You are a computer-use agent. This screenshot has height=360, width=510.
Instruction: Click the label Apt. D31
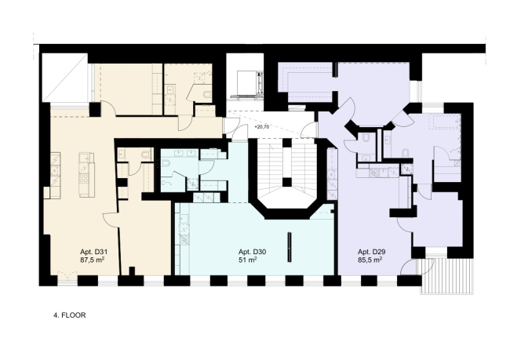[x=93, y=252]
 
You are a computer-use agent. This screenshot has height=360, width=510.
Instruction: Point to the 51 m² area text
[x=247, y=260]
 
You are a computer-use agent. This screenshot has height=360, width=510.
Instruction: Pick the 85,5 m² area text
[x=370, y=260]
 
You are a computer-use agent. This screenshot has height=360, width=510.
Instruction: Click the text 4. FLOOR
[x=70, y=315]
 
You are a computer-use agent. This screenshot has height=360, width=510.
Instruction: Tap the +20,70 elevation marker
[x=262, y=127]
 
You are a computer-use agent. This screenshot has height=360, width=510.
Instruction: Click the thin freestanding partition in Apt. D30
[x=290, y=247]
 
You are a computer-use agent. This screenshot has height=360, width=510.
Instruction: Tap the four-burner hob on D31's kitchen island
[x=83, y=177]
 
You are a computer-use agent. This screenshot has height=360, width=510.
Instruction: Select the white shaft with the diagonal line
[x=65, y=78]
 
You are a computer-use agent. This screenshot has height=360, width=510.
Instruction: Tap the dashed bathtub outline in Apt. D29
[x=445, y=122]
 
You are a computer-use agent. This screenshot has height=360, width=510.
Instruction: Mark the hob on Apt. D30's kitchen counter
[x=184, y=239]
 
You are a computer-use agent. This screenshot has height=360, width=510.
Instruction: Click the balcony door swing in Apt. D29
[x=406, y=267]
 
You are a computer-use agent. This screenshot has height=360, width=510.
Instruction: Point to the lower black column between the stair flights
[x=286, y=182]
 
